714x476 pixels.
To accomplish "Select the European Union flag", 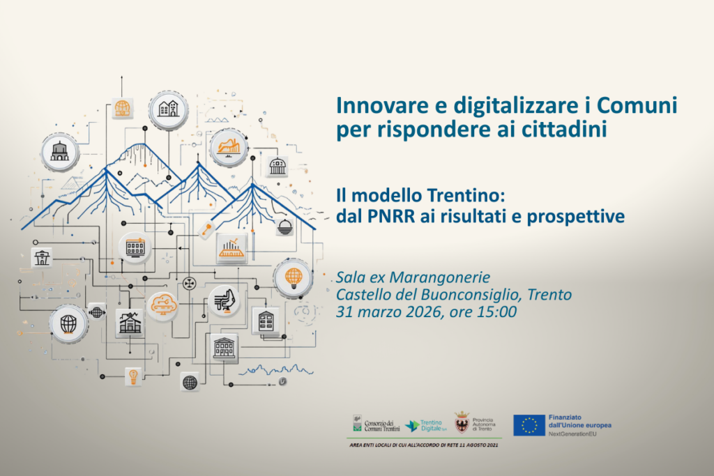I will pos(529,425).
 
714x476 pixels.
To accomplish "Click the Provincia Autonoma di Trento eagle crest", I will pos(461,423).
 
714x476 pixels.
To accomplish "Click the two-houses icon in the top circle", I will pos(167,109).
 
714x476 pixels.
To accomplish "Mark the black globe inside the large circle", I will pos(68,323).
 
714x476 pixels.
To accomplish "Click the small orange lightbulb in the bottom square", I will pos(132,376).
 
